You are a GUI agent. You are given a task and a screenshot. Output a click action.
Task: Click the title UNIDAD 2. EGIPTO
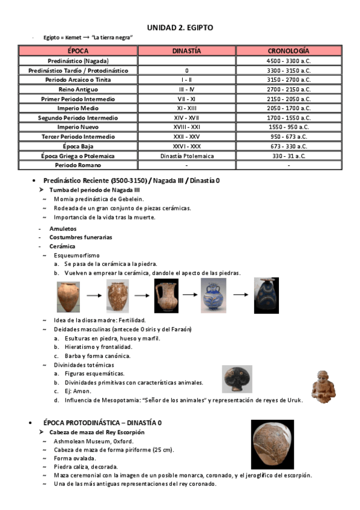(x=180, y=28)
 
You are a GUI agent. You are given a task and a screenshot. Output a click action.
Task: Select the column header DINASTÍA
(x=186, y=51)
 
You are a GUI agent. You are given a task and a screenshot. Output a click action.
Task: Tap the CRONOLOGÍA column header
(x=288, y=51)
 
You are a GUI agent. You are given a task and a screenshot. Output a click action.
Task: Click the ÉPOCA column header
(x=78, y=51)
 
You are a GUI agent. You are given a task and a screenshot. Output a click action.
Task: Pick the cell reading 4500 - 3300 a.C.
(x=288, y=61)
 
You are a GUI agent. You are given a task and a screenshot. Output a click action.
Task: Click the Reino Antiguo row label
(x=78, y=89)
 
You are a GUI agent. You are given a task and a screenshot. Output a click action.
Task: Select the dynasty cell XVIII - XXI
(x=186, y=127)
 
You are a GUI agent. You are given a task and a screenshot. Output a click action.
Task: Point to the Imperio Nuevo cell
(x=78, y=127)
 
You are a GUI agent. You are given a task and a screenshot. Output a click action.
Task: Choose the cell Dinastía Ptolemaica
(x=186, y=155)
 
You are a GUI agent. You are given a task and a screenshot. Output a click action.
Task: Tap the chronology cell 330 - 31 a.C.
(x=288, y=155)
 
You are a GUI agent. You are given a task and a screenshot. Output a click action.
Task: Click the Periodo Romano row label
(x=78, y=165)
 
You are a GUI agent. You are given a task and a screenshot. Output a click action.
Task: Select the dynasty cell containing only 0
(x=186, y=70)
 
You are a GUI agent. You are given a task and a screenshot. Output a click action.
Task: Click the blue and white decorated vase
(x=213, y=295)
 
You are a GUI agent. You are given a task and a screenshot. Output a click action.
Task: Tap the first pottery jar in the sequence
(x=68, y=296)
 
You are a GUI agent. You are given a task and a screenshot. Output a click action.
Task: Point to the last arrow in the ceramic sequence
(x=241, y=295)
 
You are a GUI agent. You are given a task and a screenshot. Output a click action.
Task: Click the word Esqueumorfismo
(x=77, y=255)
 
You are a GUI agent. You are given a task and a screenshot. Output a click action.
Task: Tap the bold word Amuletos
(x=63, y=229)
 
